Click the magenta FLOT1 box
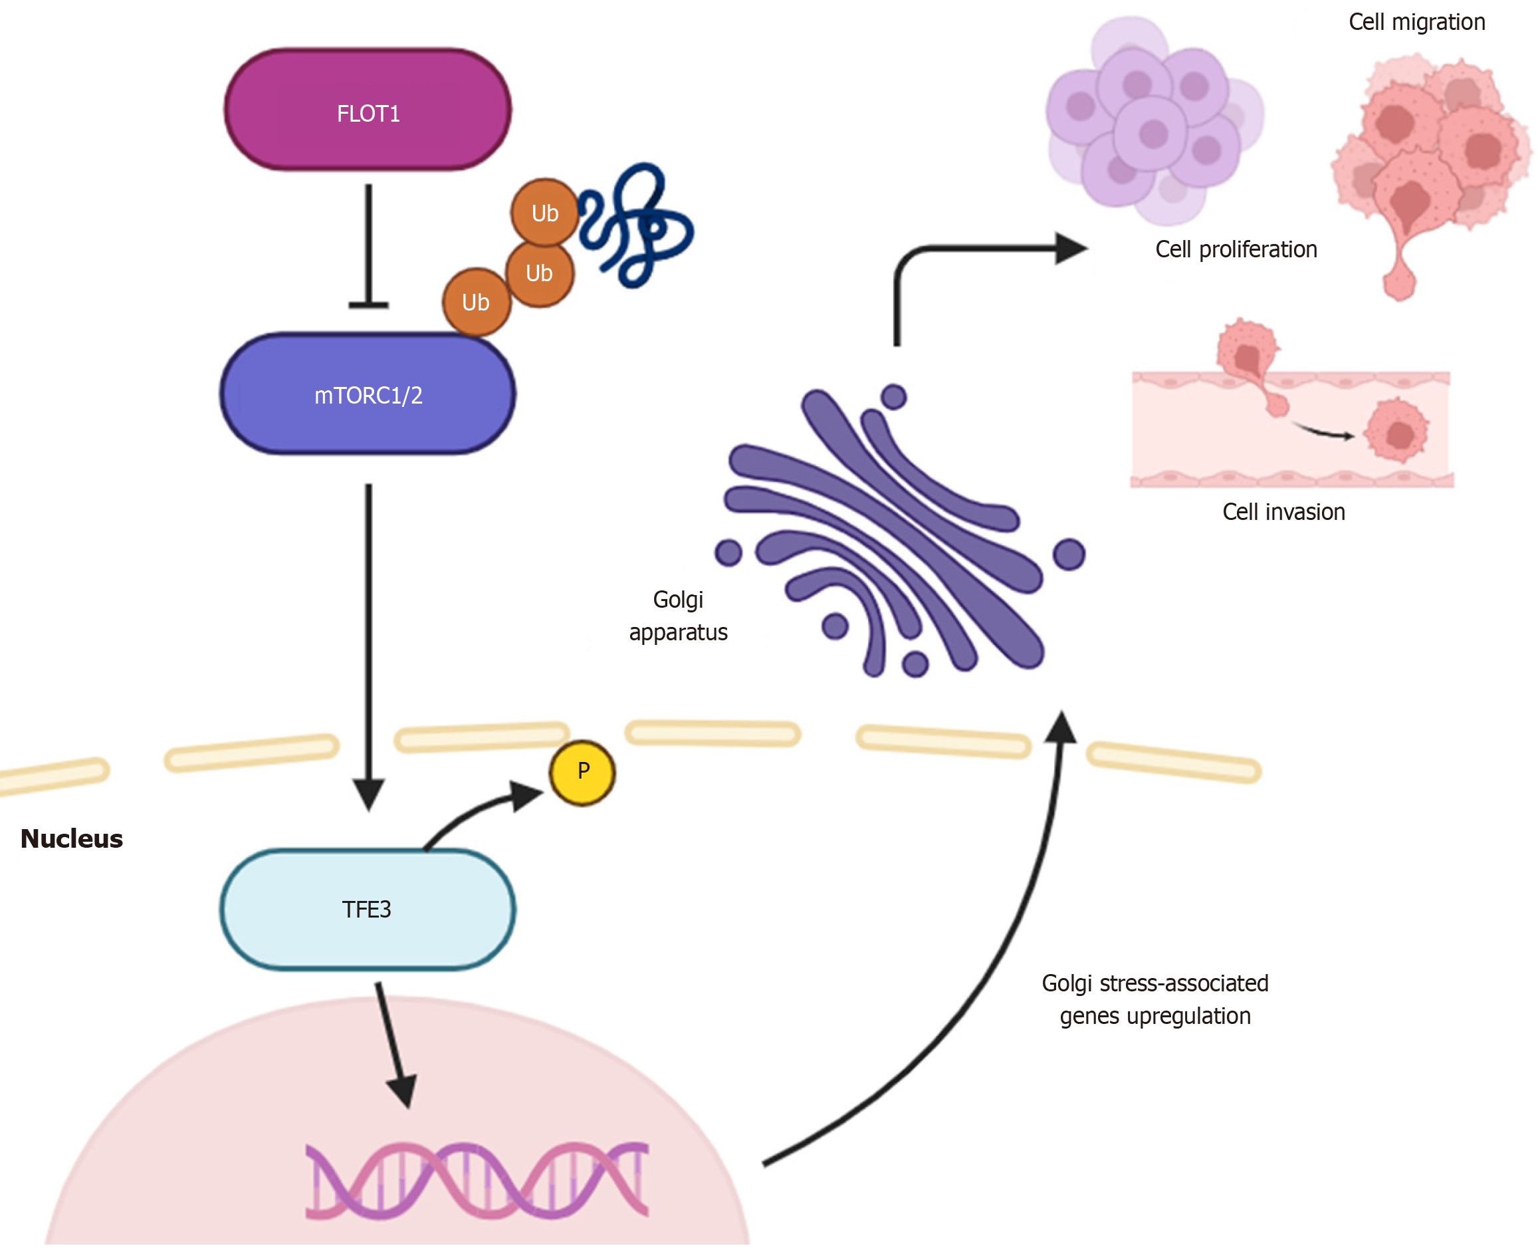(x=368, y=110)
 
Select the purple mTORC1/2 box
(x=368, y=394)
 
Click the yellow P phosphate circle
(x=582, y=772)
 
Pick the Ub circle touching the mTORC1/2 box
(x=476, y=302)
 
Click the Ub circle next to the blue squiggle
(x=544, y=213)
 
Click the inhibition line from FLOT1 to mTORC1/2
(x=369, y=245)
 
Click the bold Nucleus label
(x=71, y=838)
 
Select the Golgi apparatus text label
(x=678, y=616)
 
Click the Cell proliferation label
(x=1236, y=249)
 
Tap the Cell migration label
(x=1416, y=23)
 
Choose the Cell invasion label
(x=1283, y=512)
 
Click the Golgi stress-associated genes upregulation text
(x=1154, y=999)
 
